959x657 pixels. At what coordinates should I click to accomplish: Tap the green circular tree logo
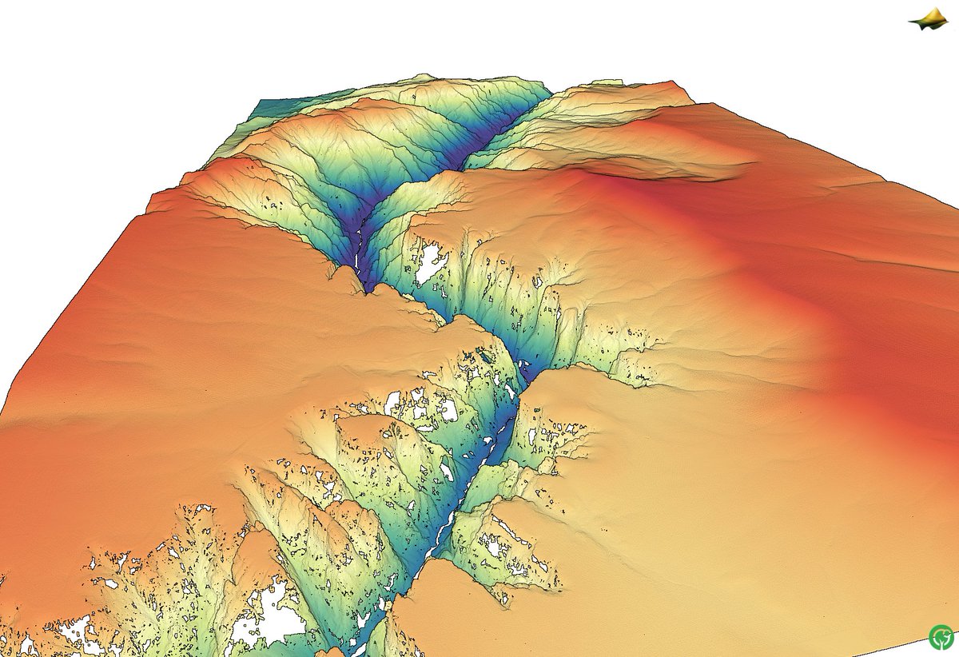[x=941, y=637]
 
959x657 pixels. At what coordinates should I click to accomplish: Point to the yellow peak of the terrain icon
[x=930, y=13]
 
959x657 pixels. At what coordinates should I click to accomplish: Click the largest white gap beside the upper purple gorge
[x=429, y=263]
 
